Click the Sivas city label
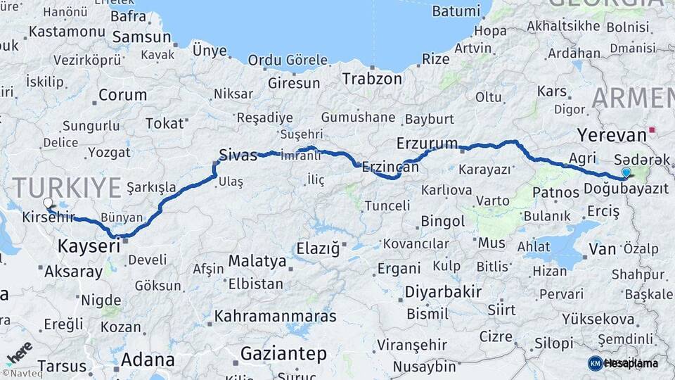coord(238,155)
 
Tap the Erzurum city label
coord(427,143)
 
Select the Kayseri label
coord(89,246)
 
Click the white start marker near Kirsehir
coord(48,203)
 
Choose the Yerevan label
coord(611,135)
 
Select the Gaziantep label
coord(284,353)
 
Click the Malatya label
coord(257,262)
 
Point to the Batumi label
coord(456,11)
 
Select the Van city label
coord(602,248)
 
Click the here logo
coord(18,350)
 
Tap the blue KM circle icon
coord(595,363)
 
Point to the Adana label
coord(148,360)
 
